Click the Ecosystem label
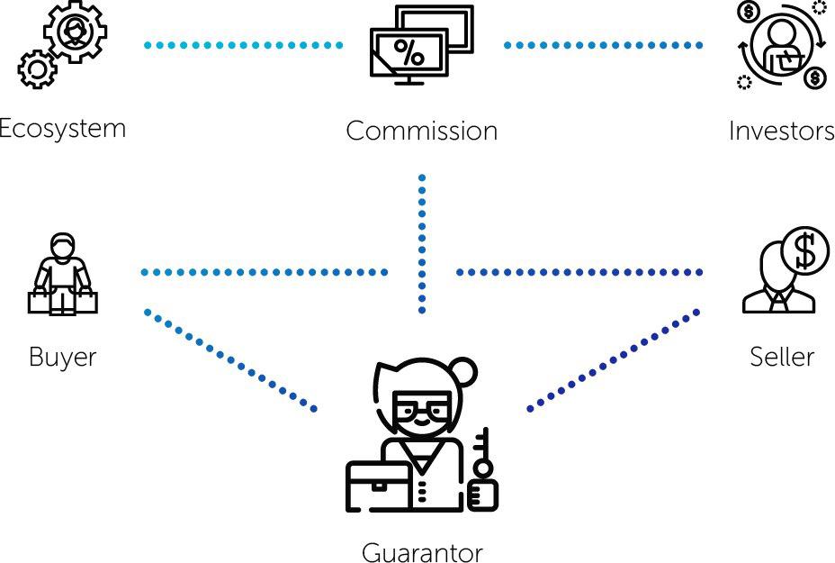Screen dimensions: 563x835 (x=61, y=128)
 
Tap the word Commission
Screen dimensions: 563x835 (x=421, y=131)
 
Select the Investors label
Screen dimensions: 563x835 (x=781, y=131)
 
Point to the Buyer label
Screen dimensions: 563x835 (x=62, y=357)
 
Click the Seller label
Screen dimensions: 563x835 (x=782, y=357)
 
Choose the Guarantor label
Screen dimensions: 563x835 (x=422, y=551)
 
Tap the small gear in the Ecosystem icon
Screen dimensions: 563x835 (x=36, y=68)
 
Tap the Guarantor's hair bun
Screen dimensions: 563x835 (x=466, y=370)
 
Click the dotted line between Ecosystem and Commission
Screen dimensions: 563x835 (x=243, y=44)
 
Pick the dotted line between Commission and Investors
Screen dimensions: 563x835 (x=603, y=44)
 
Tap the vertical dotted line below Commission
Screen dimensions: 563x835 (x=422, y=243)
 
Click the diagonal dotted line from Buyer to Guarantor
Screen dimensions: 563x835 (x=229, y=360)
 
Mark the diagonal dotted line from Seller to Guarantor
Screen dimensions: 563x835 (x=614, y=360)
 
